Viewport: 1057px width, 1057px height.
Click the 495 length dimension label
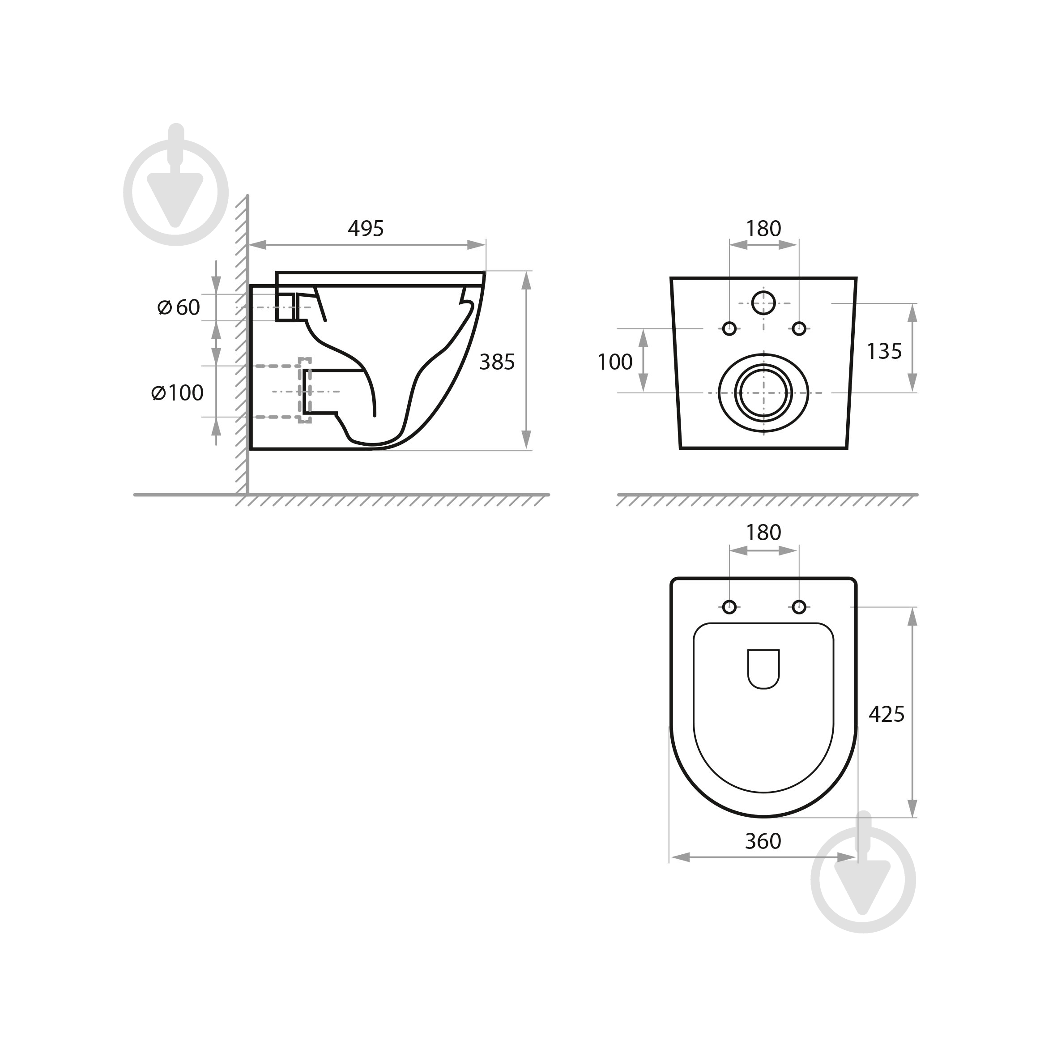pyautogui.click(x=366, y=229)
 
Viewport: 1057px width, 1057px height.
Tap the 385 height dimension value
pyautogui.click(x=497, y=362)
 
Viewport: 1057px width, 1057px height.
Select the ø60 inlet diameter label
pyautogui.click(x=179, y=307)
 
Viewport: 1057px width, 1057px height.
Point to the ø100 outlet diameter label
pyautogui.click(x=177, y=393)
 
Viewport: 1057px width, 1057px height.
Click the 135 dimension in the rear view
pyautogui.click(x=883, y=351)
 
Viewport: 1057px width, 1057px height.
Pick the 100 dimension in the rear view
pyautogui.click(x=614, y=362)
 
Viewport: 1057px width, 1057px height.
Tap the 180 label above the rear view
pyautogui.click(x=763, y=229)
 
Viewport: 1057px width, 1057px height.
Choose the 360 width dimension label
pyautogui.click(x=763, y=841)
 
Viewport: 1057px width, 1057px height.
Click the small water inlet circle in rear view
pyautogui.click(x=763, y=303)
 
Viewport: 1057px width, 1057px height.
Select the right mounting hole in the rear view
pyautogui.click(x=799, y=329)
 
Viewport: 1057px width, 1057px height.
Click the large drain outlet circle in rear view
pyautogui.click(x=763, y=393)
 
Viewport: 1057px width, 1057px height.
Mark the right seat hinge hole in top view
pyautogui.click(x=799, y=607)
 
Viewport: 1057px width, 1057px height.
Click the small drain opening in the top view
pyautogui.click(x=763, y=669)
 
